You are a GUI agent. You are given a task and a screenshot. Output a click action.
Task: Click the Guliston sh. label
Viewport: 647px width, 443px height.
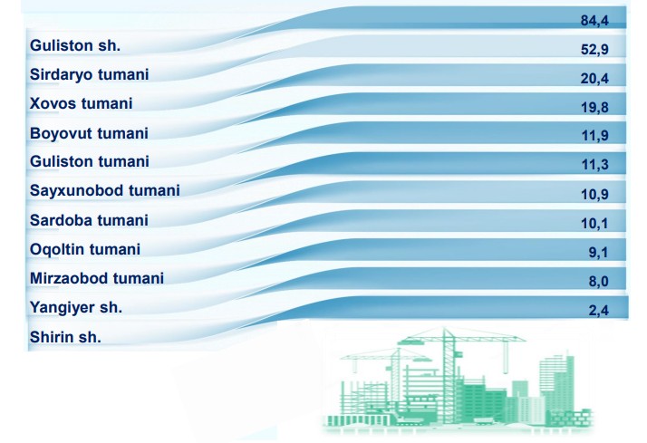(x=75, y=45)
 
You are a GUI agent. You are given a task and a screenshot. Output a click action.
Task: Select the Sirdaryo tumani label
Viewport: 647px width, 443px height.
(x=89, y=74)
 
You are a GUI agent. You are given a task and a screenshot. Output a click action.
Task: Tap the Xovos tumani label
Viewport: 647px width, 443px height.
(x=81, y=103)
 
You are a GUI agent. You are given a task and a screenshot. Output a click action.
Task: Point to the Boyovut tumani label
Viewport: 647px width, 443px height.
(x=89, y=133)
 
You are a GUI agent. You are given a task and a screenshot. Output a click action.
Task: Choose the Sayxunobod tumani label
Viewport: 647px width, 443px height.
(x=105, y=190)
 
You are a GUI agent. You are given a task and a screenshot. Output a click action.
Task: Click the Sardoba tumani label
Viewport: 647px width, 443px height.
(x=89, y=220)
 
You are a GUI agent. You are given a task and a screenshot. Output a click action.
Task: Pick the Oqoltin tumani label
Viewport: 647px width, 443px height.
(x=85, y=249)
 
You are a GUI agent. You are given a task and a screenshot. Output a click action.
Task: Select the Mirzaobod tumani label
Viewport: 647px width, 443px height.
(x=97, y=278)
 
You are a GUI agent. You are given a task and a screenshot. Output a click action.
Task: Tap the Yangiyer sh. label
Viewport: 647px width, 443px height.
(x=76, y=308)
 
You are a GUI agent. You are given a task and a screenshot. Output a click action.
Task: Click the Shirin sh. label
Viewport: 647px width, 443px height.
(x=65, y=337)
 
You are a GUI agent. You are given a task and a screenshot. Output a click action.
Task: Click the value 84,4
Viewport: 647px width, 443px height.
(x=594, y=21)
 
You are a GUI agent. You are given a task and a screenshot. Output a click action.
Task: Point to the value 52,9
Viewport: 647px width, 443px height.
(x=594, y=50)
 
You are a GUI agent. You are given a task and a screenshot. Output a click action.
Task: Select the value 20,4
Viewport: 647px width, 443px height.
(x=594, y=79)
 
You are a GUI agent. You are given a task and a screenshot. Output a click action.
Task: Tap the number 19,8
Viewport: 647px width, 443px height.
(x=594, y=107)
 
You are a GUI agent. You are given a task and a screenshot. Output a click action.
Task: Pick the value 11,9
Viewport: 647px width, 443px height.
(x=595, y=135)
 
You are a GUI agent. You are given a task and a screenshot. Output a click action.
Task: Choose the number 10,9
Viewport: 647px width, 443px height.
(x=595, y=194)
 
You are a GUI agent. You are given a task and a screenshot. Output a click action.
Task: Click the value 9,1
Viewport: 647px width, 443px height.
(x=598, y=252)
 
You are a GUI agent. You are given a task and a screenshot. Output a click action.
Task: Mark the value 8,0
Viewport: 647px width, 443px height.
(x=599, y=282)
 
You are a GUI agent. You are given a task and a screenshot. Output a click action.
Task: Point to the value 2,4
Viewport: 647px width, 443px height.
(x=599, y=310)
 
